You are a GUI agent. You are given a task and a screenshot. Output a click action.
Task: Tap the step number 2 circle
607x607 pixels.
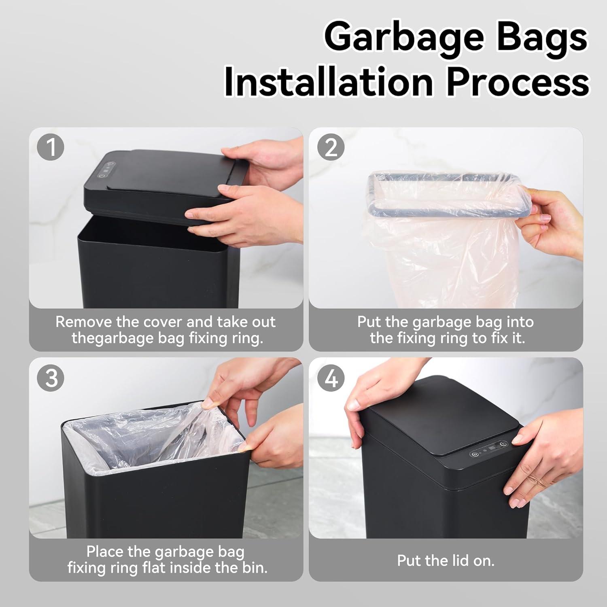331,147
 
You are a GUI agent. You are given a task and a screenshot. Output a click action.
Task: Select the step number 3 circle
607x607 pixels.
51,378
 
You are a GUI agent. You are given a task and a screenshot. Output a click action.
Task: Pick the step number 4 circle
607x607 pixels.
331,378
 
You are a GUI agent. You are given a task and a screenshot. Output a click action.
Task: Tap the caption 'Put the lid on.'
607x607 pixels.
446,560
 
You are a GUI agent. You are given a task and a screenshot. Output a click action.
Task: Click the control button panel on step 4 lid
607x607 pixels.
489,449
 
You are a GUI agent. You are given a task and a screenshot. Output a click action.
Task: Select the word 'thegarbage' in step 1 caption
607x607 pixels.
113,338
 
